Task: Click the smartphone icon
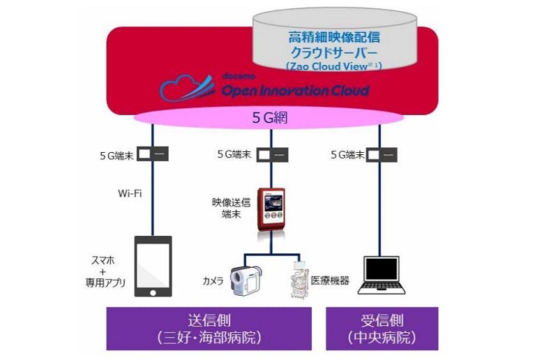[x=153, y=266]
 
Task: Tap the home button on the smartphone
[x=153, y=293]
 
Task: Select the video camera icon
[x=246, y=280]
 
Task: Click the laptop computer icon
[x=382, y=276]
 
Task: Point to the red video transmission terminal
[x=271, y=209]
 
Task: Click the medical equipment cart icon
[x=299, y=280]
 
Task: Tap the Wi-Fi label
[x=130, y=193]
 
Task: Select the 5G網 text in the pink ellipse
[x=270, y=117]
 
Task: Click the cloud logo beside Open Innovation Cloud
[x=187, y=88]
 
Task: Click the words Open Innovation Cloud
[x=295, y=91]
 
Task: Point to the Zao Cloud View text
[x=333, y=66]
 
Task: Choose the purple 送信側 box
[x=209, y=329]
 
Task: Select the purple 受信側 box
[x=382, y=329]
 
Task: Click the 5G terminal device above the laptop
[x=382, y=155]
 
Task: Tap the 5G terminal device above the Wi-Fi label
[x=153, y=154]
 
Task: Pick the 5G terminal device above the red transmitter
[x=272, y=155]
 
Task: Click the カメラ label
[x=213, y=281]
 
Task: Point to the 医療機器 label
[x=330, y=280]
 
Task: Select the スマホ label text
[x=103, y=260]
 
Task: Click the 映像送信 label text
[x=232, y=202]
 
